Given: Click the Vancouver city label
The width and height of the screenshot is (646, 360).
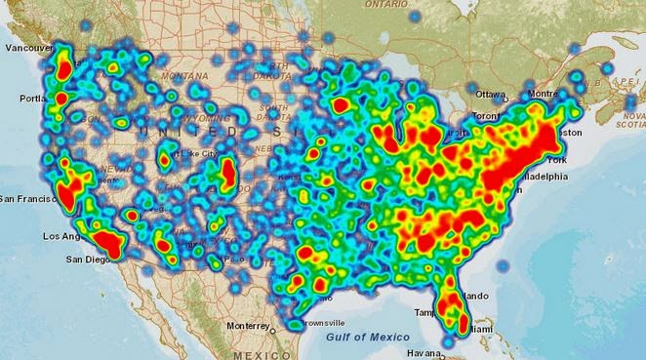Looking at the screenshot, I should [27, 48].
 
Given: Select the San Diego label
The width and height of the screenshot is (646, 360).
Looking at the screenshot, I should [88, 260].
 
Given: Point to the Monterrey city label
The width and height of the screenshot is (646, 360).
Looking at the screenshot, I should [246, 325].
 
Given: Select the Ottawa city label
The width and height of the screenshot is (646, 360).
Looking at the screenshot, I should [490, 95].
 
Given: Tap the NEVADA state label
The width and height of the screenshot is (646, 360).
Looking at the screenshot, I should [115, 169].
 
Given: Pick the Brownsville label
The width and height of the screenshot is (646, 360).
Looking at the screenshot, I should [321, 322].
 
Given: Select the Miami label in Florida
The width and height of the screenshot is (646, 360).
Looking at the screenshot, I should [478, 330].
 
